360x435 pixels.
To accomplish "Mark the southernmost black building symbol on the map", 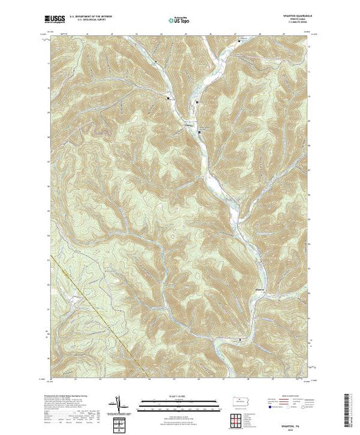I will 239,340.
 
